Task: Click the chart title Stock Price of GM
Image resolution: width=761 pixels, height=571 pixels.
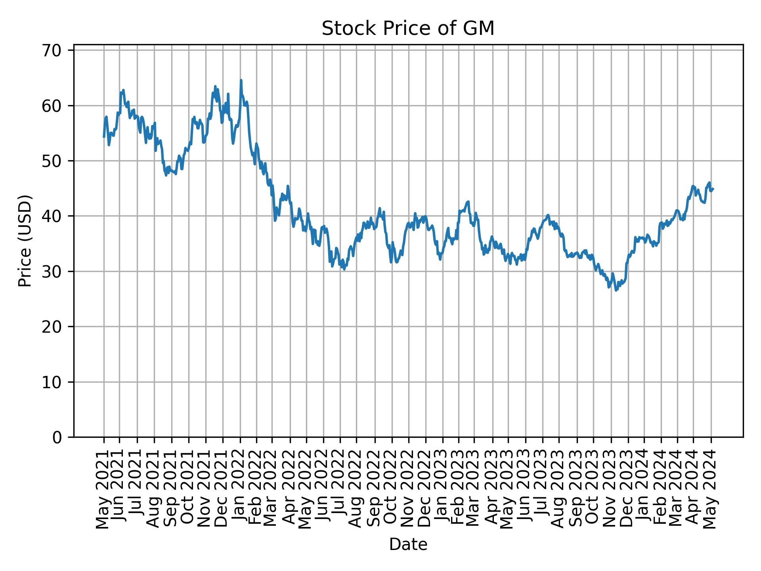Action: [408, 29]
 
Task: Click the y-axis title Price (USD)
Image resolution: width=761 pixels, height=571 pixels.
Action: [25, 241]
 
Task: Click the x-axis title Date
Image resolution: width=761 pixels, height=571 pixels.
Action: [408, 545]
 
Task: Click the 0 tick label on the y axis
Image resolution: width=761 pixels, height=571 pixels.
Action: [56, 437]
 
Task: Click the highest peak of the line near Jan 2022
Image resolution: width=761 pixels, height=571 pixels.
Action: [241, 80]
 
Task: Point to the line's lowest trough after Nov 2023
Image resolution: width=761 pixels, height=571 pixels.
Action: [616, 291]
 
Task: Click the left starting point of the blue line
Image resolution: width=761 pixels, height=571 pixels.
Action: [104, 137]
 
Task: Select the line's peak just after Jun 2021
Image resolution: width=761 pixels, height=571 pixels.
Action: [123, 90]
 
